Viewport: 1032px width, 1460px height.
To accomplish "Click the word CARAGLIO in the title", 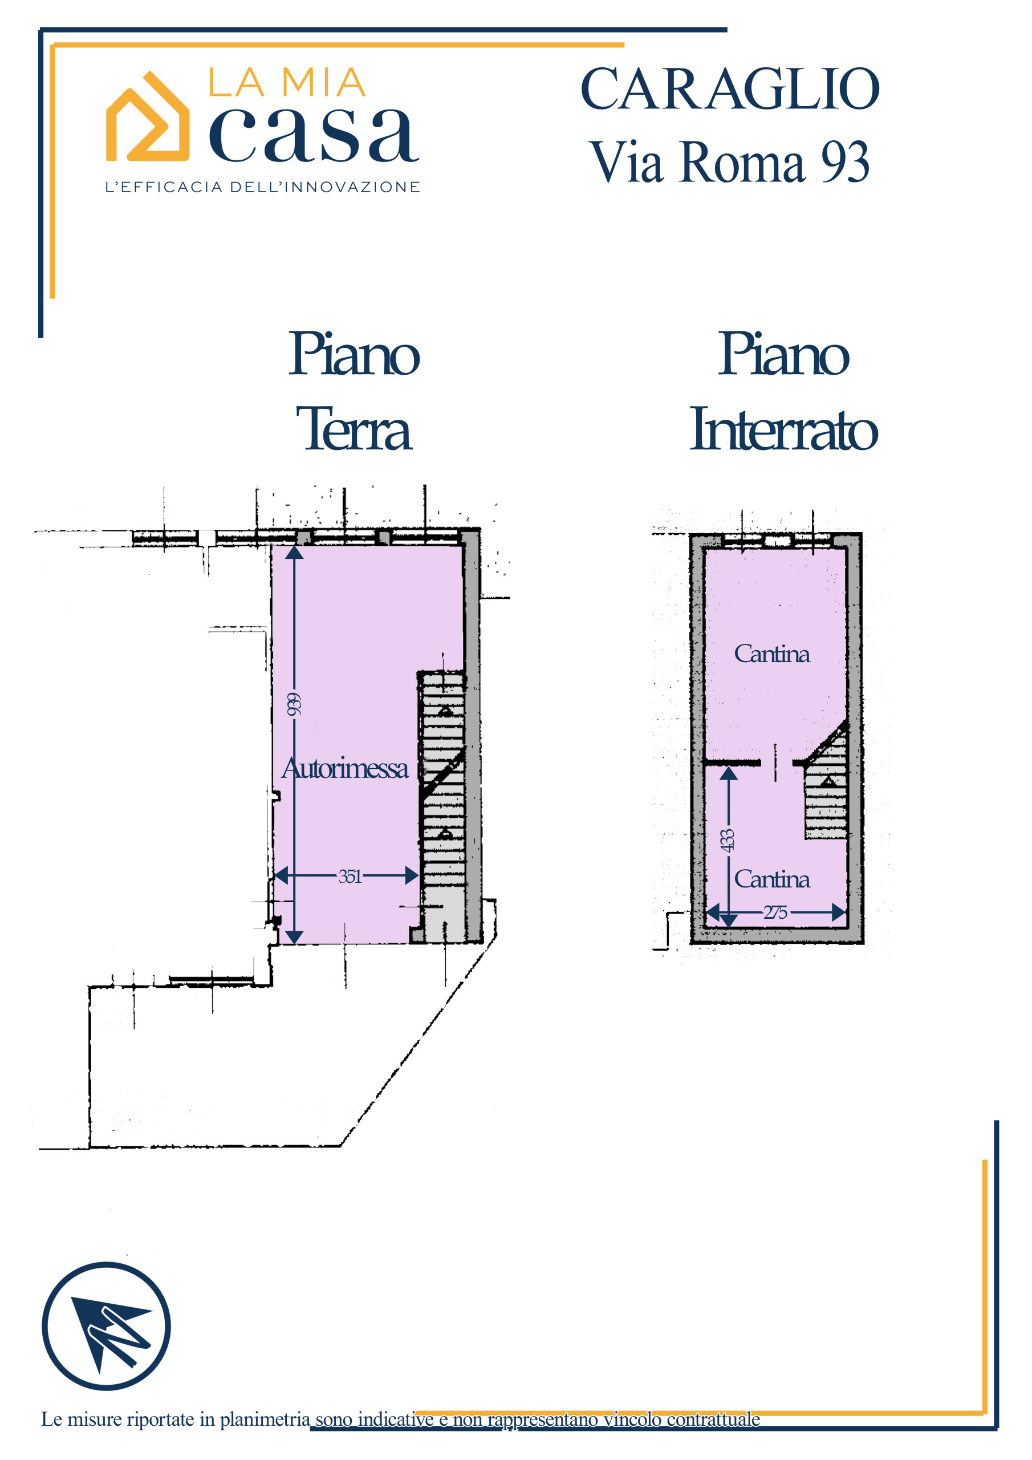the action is pos(730,89).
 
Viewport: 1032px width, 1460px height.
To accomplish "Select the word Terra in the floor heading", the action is pos(354,428).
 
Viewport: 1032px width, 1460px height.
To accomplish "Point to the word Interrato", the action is pos(784,428).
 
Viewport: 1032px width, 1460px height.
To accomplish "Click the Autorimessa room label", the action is pos(344,768).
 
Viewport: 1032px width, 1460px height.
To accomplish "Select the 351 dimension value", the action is pos(350,875).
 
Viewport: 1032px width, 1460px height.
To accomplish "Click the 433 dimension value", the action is pos(727,840).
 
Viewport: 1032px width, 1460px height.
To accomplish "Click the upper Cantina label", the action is pos(772,654).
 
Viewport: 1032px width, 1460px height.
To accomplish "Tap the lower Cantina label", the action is pos(772,879).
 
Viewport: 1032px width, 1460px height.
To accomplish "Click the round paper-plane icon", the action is pos(106,1326).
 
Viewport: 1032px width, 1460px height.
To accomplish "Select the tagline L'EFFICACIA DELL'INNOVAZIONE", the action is pos(263,187).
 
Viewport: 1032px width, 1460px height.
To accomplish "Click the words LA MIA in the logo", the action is pos(287,83).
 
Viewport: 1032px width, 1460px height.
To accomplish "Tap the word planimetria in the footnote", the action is pos(265,1420).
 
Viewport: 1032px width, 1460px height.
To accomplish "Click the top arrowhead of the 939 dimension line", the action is pos(294,552).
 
